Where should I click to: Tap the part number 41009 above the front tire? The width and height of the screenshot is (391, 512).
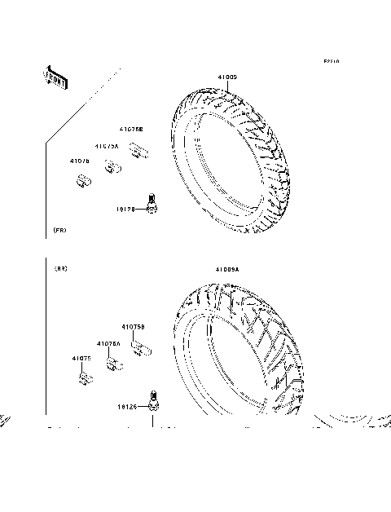coord(226,77)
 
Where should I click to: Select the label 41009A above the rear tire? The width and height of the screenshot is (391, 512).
coord(227,268)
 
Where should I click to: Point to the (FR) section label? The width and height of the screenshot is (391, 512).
coord(59,232)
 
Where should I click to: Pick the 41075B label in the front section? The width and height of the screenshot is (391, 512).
coord(131,129)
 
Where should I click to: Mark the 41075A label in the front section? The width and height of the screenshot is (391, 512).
coord(106,146)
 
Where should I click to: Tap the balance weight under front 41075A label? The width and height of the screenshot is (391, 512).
coord(111,170)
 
